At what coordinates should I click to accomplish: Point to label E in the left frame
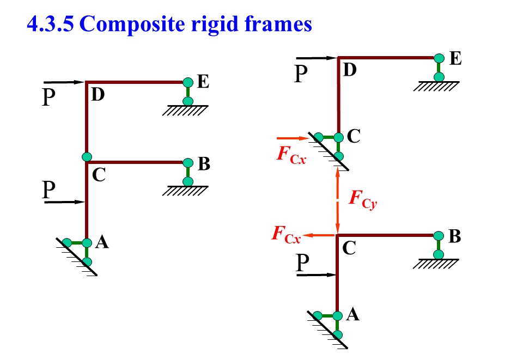pos(203,82)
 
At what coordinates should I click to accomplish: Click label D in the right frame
pos(350,69)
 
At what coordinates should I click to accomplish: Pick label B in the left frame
pos(204,163)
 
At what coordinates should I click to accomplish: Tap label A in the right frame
pos(352,314)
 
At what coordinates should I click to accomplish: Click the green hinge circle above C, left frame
pos(87,157)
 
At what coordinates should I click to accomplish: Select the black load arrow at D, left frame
pos(65,82)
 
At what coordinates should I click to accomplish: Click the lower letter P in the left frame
pos(50,190)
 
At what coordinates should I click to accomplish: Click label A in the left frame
pos(101,243)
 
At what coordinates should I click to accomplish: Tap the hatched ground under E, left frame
pos(186,111)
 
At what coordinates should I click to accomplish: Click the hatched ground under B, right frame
pos(436,264)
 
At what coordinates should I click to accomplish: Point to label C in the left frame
pos(99,175)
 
